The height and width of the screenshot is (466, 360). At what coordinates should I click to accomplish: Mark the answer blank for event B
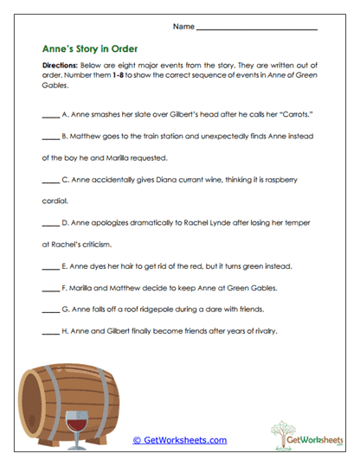click(x=50, y=137)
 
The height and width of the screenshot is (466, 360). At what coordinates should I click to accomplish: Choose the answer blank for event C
click(x=50, y=180)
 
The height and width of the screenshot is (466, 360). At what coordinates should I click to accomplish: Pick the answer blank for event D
click(x=50, y=223)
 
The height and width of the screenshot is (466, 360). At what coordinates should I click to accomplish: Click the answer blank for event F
click(x=50, y=288)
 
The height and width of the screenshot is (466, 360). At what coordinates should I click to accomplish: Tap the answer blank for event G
click(x=50, y=309)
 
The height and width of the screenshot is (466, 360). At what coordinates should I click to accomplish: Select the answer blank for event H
click(x=50, y=330)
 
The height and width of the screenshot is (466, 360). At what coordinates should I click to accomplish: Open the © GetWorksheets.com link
click(x=179, y=440)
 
